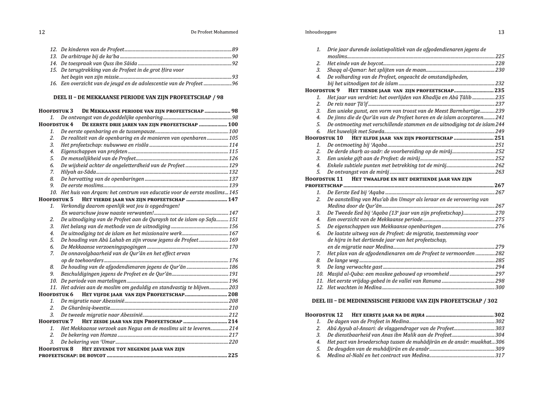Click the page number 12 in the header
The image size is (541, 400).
(42, 32)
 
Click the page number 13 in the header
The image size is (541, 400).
(501, 32)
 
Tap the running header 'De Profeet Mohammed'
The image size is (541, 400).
(215, 32)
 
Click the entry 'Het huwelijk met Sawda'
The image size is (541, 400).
(352, 131)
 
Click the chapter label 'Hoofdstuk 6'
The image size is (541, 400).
(56, 294)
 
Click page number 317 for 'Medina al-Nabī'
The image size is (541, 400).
(500, 355)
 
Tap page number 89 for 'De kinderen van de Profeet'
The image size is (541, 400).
(235, 49)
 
